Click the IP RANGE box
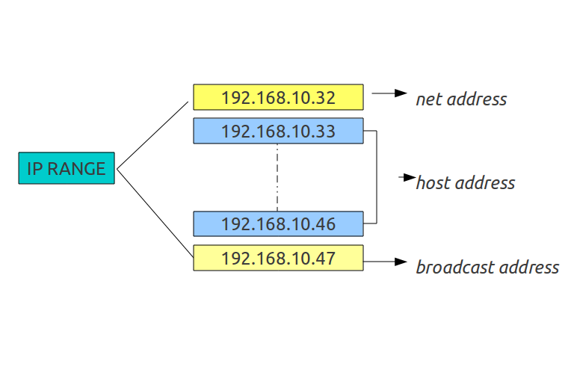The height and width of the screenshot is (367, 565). tap(67, 169)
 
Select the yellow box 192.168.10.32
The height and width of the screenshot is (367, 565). tap(278, 97)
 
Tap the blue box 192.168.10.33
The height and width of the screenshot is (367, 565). tap(278, 131)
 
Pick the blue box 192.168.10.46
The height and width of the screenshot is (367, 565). tap(278, 223)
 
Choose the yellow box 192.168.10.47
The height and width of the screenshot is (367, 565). tap(278, 258)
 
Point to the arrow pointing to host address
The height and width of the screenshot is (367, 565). tap(407, 178)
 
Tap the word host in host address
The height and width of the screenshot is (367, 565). tap(433, 183)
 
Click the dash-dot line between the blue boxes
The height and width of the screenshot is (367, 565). tap(277, 177)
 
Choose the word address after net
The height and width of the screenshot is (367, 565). tap(476, 99)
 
